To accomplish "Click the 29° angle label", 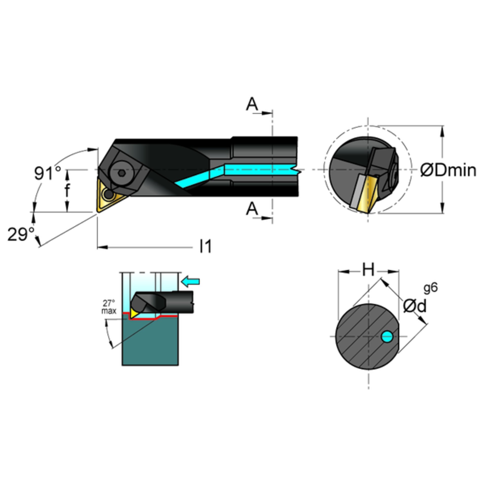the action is tap(21, 234).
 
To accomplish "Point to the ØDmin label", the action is tap(448, 171).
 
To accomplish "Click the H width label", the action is tap(368, 270).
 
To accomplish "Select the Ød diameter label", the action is tap(415, 306).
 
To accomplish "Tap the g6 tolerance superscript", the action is tap(430, 288).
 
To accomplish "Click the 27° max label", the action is tap(109, 306).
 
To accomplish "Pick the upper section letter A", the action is tap(252, 104).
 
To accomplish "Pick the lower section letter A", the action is tap(252, 209).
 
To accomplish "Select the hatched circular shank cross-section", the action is tap(368, 337).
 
